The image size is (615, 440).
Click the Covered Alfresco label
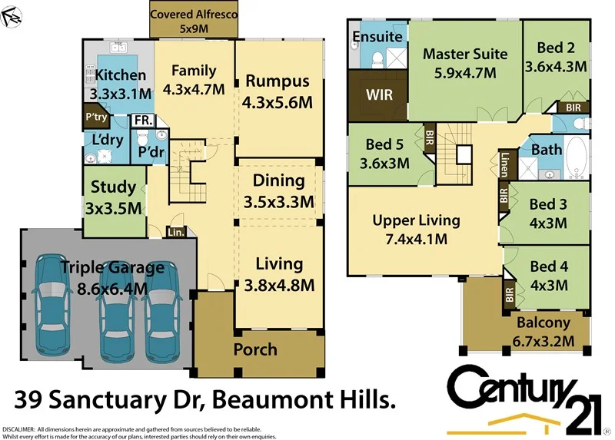(x=194, y=15)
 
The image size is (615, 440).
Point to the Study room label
(x=113, y=187)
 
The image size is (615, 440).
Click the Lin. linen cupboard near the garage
(x=176, y=230)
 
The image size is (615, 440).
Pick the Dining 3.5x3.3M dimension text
(x=278, y=203)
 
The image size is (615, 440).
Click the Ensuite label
(x=377, y=36)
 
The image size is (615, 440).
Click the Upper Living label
(x=416, y=220)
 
